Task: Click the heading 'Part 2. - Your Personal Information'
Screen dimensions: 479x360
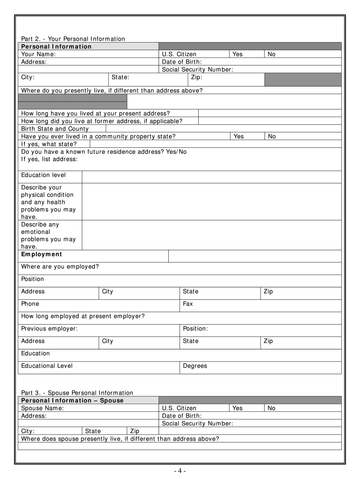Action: (x=73, y=39)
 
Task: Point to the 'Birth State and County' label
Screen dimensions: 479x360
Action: (x=55, y=129)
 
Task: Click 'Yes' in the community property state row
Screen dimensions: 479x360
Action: (x=238, y=136)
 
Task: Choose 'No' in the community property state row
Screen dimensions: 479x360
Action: (x=272, y=136)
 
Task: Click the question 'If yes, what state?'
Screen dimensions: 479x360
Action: (x=49, y=144)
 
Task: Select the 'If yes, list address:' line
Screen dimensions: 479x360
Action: (x=50, y=159)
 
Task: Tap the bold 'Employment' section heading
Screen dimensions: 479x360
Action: (x=42, y=254)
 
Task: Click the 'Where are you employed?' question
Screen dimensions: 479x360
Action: (x=60, y=267)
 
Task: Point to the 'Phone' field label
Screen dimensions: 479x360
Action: (x=30, y=304)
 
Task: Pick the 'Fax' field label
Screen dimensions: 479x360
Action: (x=188, y=304)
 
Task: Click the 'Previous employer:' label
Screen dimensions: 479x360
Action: (x=50, y=328)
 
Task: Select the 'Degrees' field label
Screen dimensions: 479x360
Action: (x=195, y=366)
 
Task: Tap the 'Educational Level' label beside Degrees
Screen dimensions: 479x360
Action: (x=47, y=366)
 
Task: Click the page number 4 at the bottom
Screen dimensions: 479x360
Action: (x=179, y=471)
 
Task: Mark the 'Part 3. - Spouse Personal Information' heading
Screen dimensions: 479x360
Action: (x=77, y=392)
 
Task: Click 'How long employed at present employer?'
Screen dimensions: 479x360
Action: (x=83, y=316)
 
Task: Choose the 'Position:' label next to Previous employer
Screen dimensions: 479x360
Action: (x=195, y=328)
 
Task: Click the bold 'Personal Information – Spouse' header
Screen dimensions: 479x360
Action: (x=72, y=400)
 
